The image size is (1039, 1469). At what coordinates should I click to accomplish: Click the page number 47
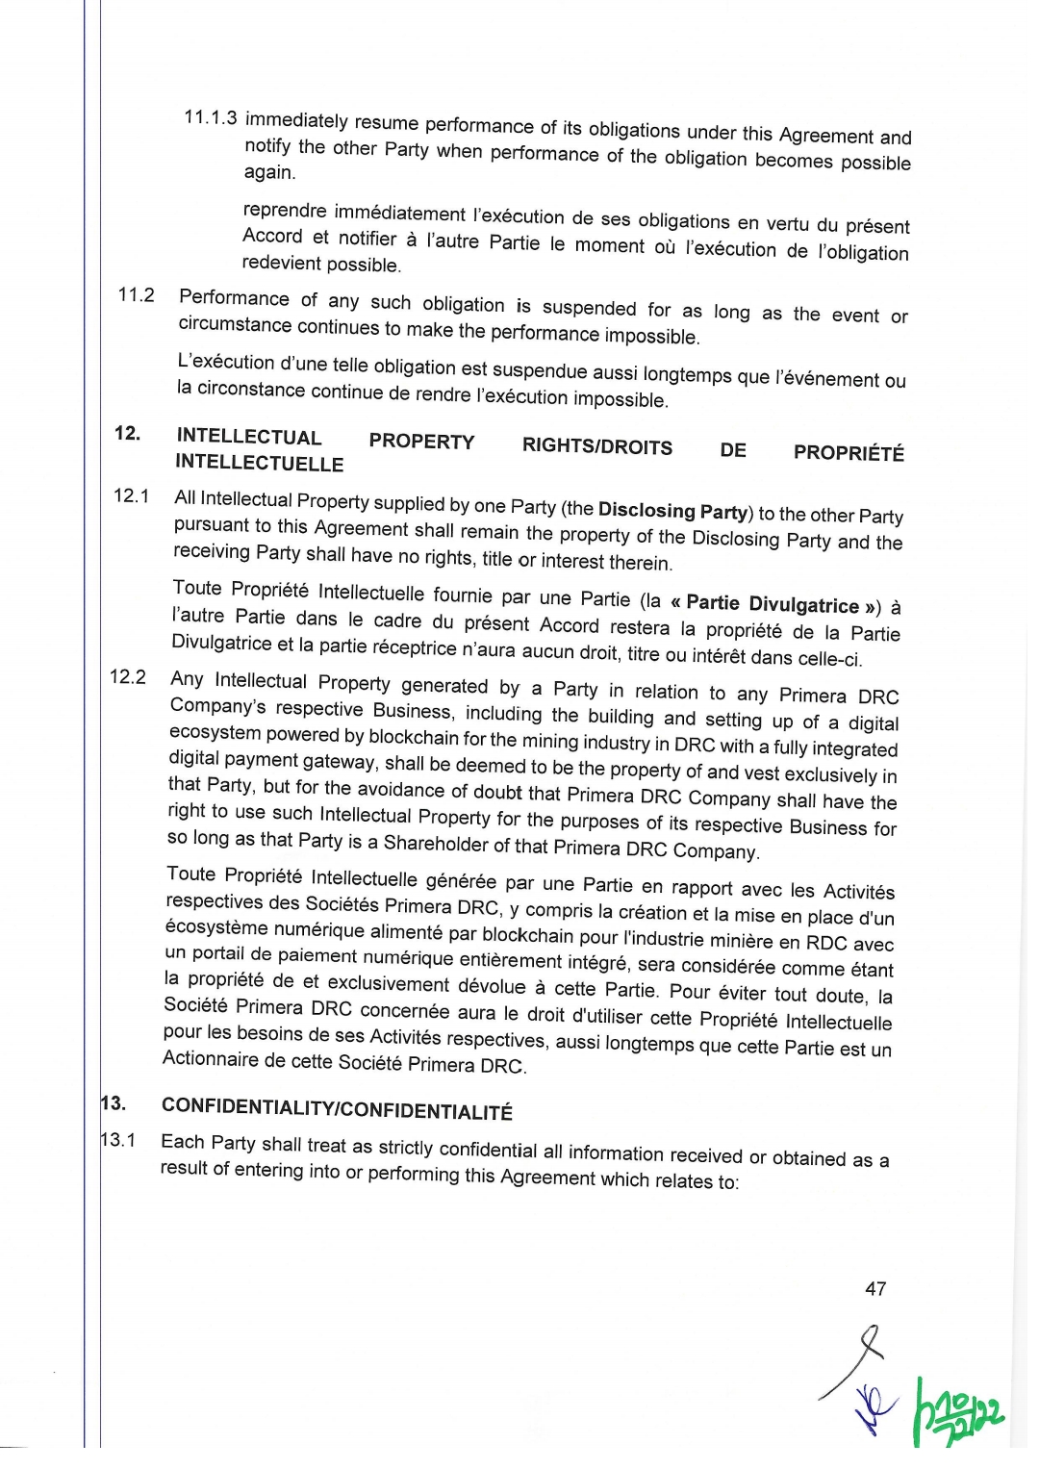pyautogui.click(x=875, y=1288)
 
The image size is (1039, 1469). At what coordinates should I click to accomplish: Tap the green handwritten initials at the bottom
pyautogui.click(x=956, y=1412)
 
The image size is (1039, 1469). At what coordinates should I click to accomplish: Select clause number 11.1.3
pyautogui.click(x=210, y=117)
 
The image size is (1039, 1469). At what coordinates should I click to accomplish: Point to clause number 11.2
pyautogui.click(x=136, y=294)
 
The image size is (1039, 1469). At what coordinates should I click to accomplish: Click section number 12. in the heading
pyautogui.click(x=127, y=433)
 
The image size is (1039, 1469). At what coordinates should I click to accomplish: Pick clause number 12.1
pyautogui.click(x=131, y=495)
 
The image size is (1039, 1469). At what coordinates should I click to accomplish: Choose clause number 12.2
pyautogui.click(x=128, y=676)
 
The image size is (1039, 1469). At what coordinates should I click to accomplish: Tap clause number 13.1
pyautogui.click(x=118, y=1140)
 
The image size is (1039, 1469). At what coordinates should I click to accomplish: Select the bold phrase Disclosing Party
pyautogui.click(x=672, y=511)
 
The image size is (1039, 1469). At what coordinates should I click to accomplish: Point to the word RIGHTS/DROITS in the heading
pyautogui.click(x=596, y=445)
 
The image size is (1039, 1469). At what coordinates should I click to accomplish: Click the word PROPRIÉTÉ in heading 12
pyautogui.click(x=849, y=452)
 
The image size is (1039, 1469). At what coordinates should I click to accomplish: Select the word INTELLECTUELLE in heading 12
pyautogui.click(x=259, y=463)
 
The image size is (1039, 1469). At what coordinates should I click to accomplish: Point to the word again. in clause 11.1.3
pyautogui.click(x=269, y=172)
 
